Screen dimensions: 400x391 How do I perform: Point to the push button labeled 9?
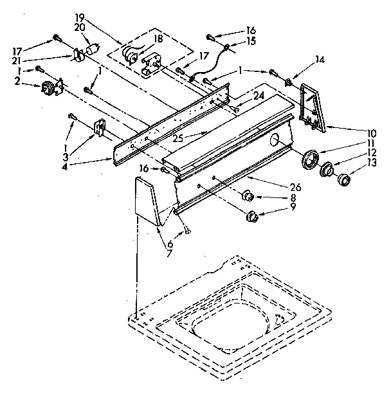pos(252,215)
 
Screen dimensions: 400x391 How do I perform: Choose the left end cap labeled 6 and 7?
pos(147,201)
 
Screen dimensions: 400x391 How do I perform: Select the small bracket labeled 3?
pos(98,127)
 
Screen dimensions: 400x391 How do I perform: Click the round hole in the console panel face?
pos(275,140)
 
